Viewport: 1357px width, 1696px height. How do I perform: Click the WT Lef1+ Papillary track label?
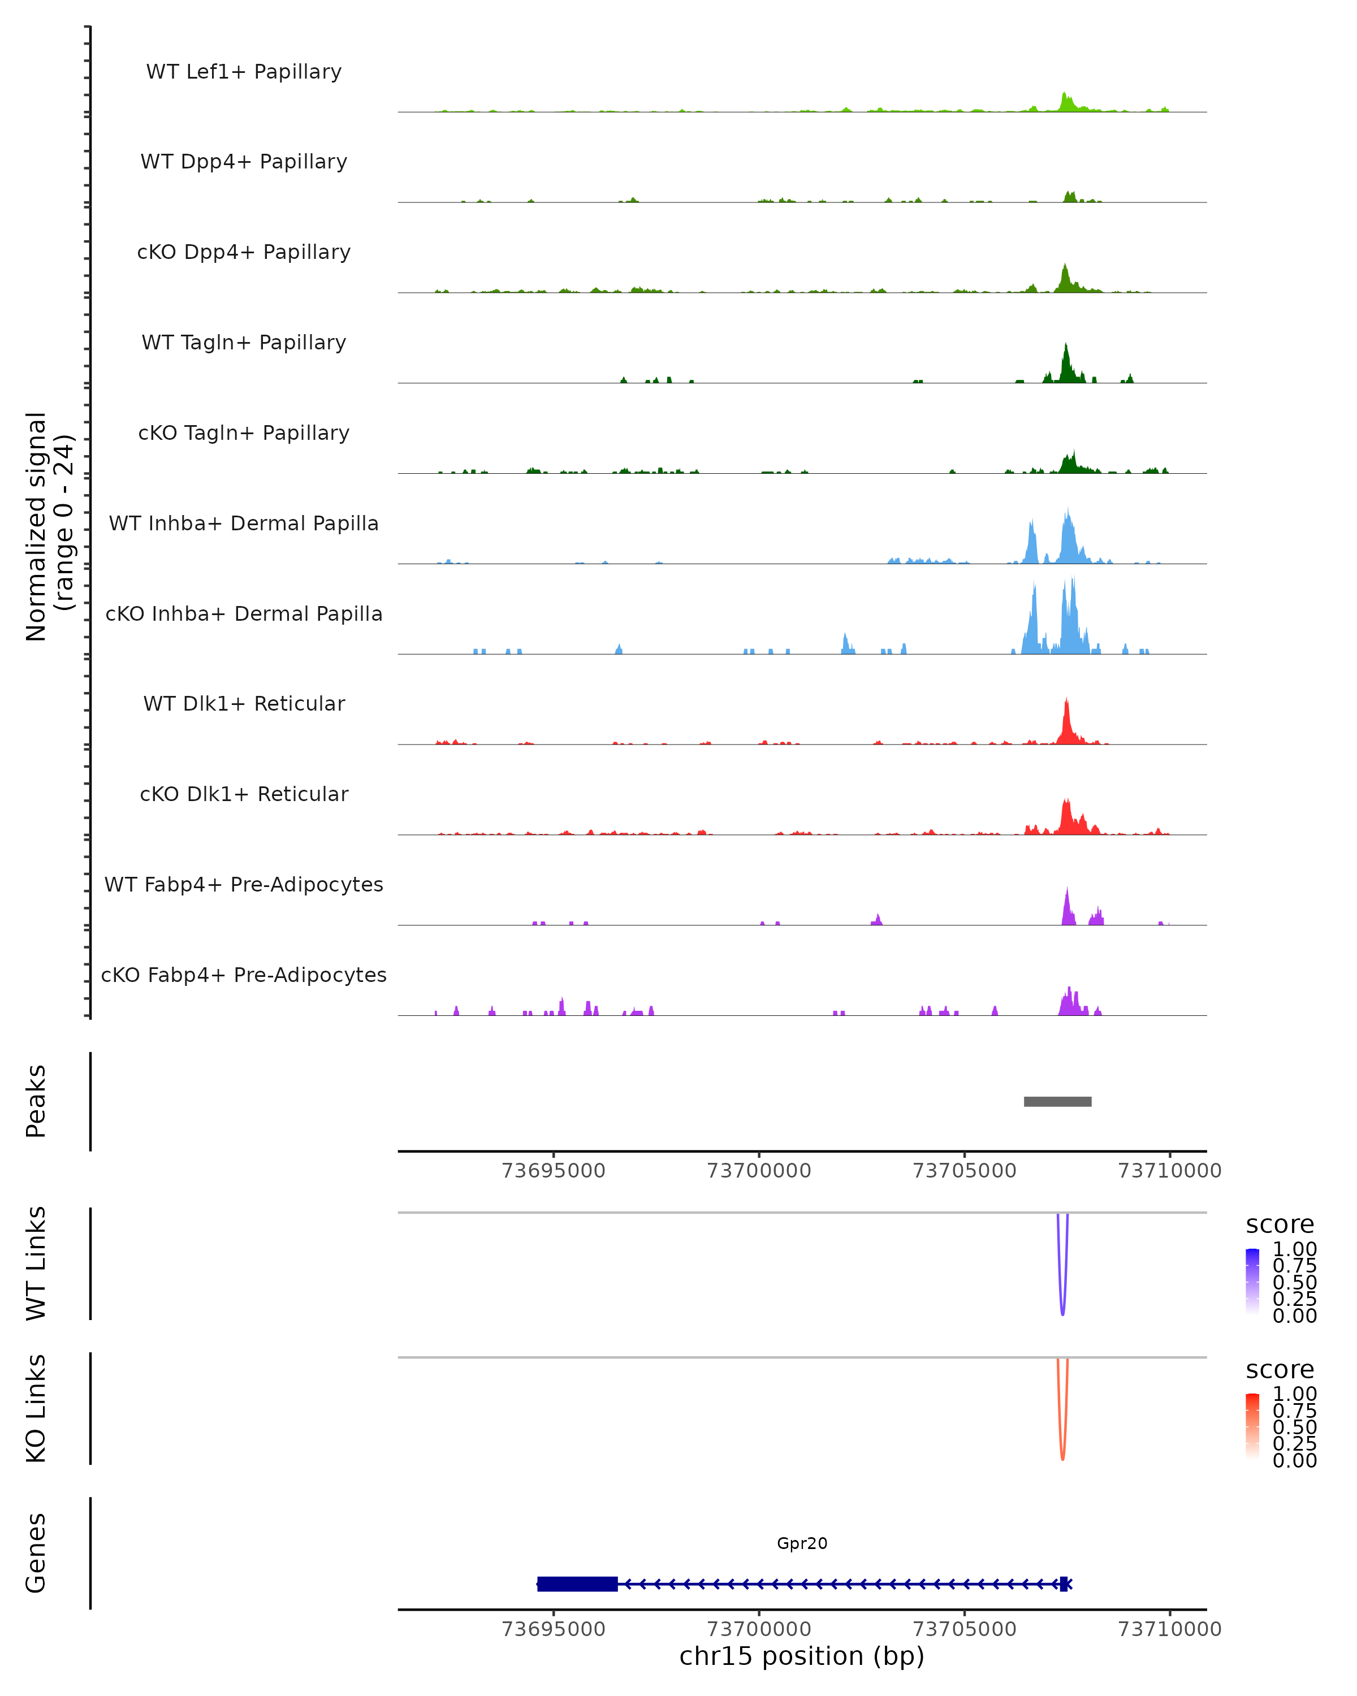(x=244, y=72)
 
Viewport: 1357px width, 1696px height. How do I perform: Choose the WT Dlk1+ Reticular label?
(x=244, y=703)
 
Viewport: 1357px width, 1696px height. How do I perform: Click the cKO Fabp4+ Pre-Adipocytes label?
(x=244, y=975)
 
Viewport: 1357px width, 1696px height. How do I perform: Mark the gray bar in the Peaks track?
(x=1057, y=1101)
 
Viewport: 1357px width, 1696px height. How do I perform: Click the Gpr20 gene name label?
(x=802, y=1543)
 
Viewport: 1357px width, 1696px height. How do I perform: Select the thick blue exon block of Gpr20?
(x=577, y=1583)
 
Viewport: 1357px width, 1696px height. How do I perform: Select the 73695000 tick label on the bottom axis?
(x=553, y=1628)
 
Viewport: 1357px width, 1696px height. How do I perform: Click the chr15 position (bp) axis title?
(x=802, y=1656)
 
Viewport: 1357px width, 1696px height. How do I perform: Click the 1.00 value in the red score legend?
(x=1294, y=1394)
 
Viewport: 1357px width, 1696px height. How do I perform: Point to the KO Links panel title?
(x=36, y=1408)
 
